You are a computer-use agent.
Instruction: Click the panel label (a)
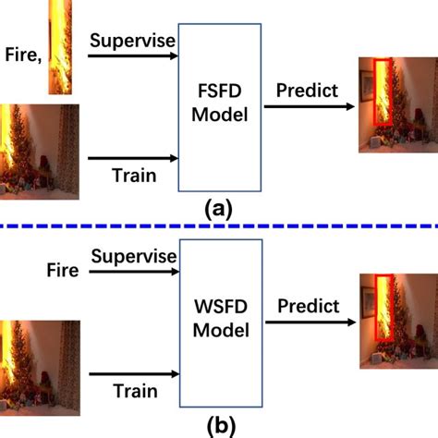click(x=218, y=209)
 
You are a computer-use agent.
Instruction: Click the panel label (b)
click(x=218, y=427)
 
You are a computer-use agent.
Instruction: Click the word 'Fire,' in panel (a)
click(x=22, y=55)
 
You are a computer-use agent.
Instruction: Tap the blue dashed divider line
click(x=219, y=225)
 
